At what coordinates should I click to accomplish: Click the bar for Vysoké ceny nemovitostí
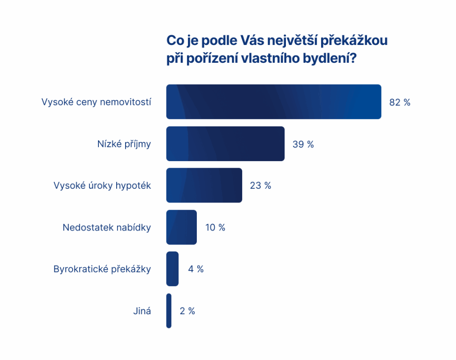(x=273, y=102)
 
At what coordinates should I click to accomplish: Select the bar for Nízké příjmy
(x=225, y=144)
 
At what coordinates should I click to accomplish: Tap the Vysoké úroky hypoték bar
(x=204, y=186)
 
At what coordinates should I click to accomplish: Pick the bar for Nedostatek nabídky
(x=181, y=227)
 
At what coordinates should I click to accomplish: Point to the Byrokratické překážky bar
(x=172, y=269)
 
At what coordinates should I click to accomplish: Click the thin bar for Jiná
(x=169, y=311)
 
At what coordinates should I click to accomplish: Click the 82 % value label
(x=399, y=102)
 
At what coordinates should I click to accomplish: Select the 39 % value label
(x=303, y=144)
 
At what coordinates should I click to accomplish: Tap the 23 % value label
(x=261, y=186)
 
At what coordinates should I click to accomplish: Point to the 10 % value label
(x=215, y=227)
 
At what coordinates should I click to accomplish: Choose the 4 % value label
(x=195, y=269)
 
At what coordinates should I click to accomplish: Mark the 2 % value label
(x=187, y=311)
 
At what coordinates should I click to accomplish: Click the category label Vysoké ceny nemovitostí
(x=96, y=102)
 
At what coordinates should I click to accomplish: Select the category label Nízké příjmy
(x=124, y=144)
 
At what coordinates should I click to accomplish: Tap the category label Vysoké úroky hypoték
(x=102, y=186)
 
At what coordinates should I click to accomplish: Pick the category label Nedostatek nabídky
(x=107, y=227)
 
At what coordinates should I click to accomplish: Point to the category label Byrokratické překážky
(x=102, y=269)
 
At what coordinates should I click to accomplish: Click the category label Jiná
(x=142, y=311)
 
